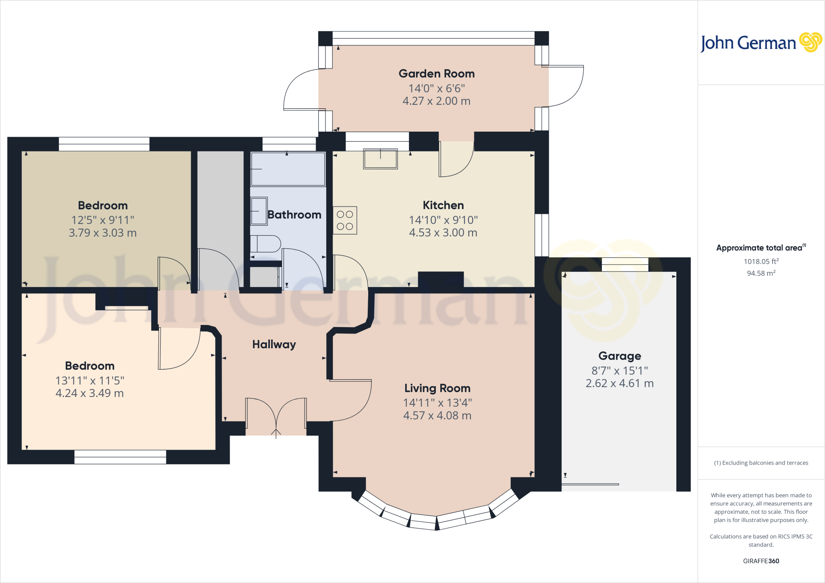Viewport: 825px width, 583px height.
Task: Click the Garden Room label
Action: pos(437,74)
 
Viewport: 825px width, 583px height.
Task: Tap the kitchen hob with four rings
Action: pos(345,220)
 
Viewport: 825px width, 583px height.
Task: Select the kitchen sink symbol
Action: pos(380,159)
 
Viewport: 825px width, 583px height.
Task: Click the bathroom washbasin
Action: pos(259,211)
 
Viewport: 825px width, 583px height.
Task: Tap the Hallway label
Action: pos(274,344)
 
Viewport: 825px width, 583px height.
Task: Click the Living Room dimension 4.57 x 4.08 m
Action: pos(437,416)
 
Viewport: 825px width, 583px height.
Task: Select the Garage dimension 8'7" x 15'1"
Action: pos(620,370)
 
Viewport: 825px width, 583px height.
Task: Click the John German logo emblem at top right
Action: pos(810,42)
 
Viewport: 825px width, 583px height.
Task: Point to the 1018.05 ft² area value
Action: pos(761,261)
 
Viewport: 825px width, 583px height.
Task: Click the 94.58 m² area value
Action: pos(761,273)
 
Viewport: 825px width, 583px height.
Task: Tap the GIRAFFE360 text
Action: pos(761,561)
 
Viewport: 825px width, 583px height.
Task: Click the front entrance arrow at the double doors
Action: pos(276,433)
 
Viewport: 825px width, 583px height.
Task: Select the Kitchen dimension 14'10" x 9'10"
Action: pos(443,220)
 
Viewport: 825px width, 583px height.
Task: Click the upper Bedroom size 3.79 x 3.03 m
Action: pos(103,233)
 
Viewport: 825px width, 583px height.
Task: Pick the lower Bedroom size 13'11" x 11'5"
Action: pos(90,380)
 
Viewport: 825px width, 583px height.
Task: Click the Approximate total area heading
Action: pos(760,248)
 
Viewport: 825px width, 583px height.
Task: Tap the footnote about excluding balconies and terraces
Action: pos(761,463)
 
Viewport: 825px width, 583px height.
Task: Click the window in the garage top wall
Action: pos(625,265)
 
